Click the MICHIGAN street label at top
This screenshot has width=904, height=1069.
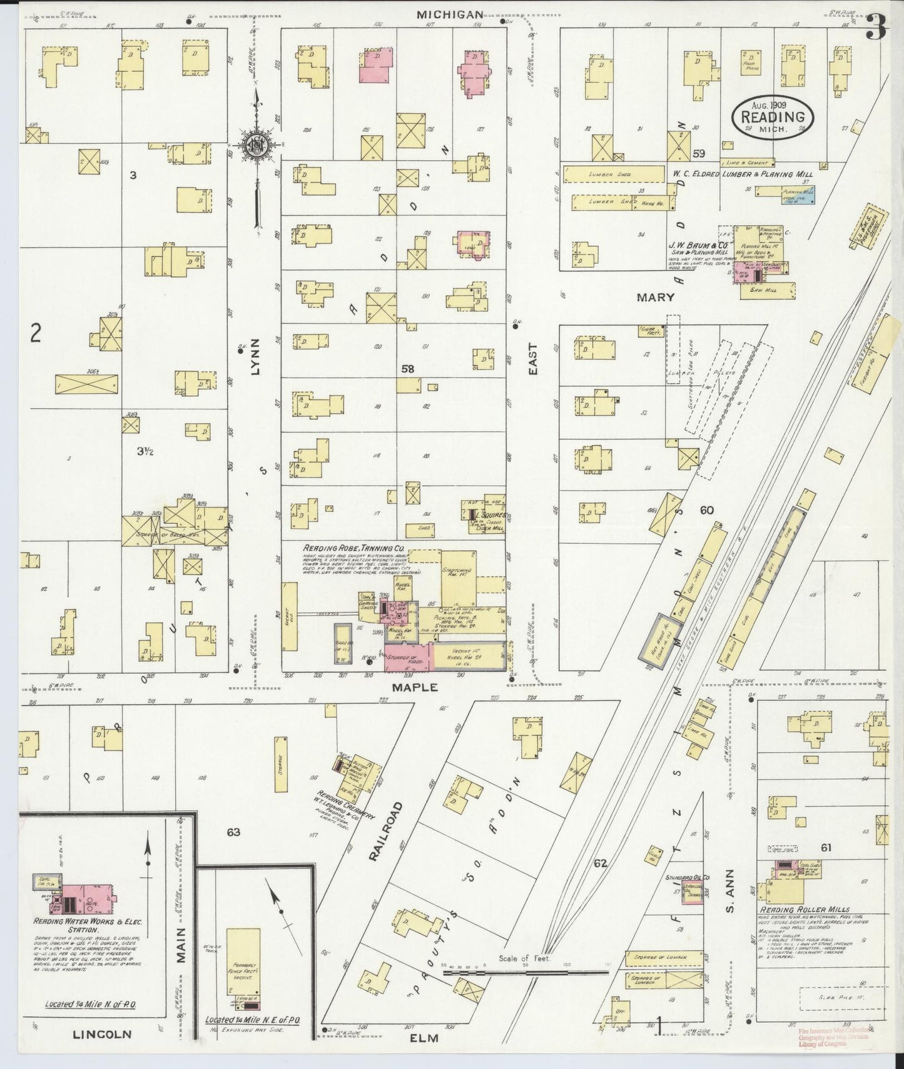[450, 14]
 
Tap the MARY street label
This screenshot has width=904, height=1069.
[655, 298]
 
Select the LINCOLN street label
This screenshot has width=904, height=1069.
[102, 1034]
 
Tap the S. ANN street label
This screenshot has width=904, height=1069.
[729, 891]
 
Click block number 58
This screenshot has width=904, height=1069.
[408, 369]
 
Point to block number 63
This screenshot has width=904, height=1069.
[233, 832]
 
